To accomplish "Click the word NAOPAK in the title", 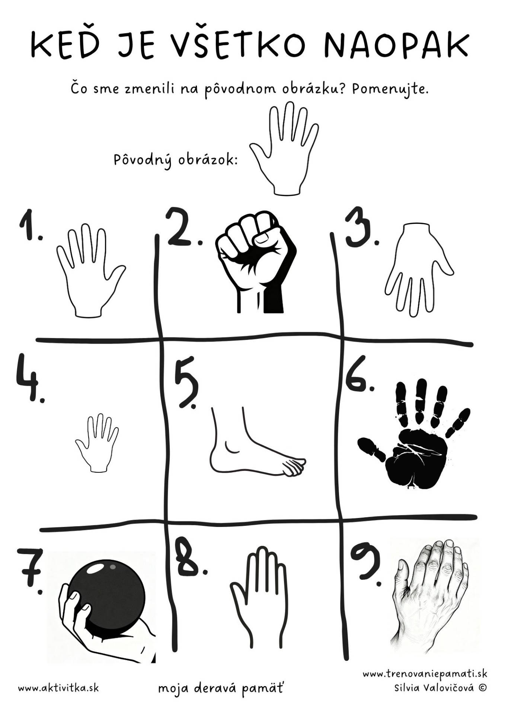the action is coord(396,45).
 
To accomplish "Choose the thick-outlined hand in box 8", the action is coord(259,603).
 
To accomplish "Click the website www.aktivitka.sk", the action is coord(58,688).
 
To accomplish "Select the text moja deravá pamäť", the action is coord(220,689).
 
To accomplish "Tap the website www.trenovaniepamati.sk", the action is coord(425,673).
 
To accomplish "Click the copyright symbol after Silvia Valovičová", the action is coord(483,688).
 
